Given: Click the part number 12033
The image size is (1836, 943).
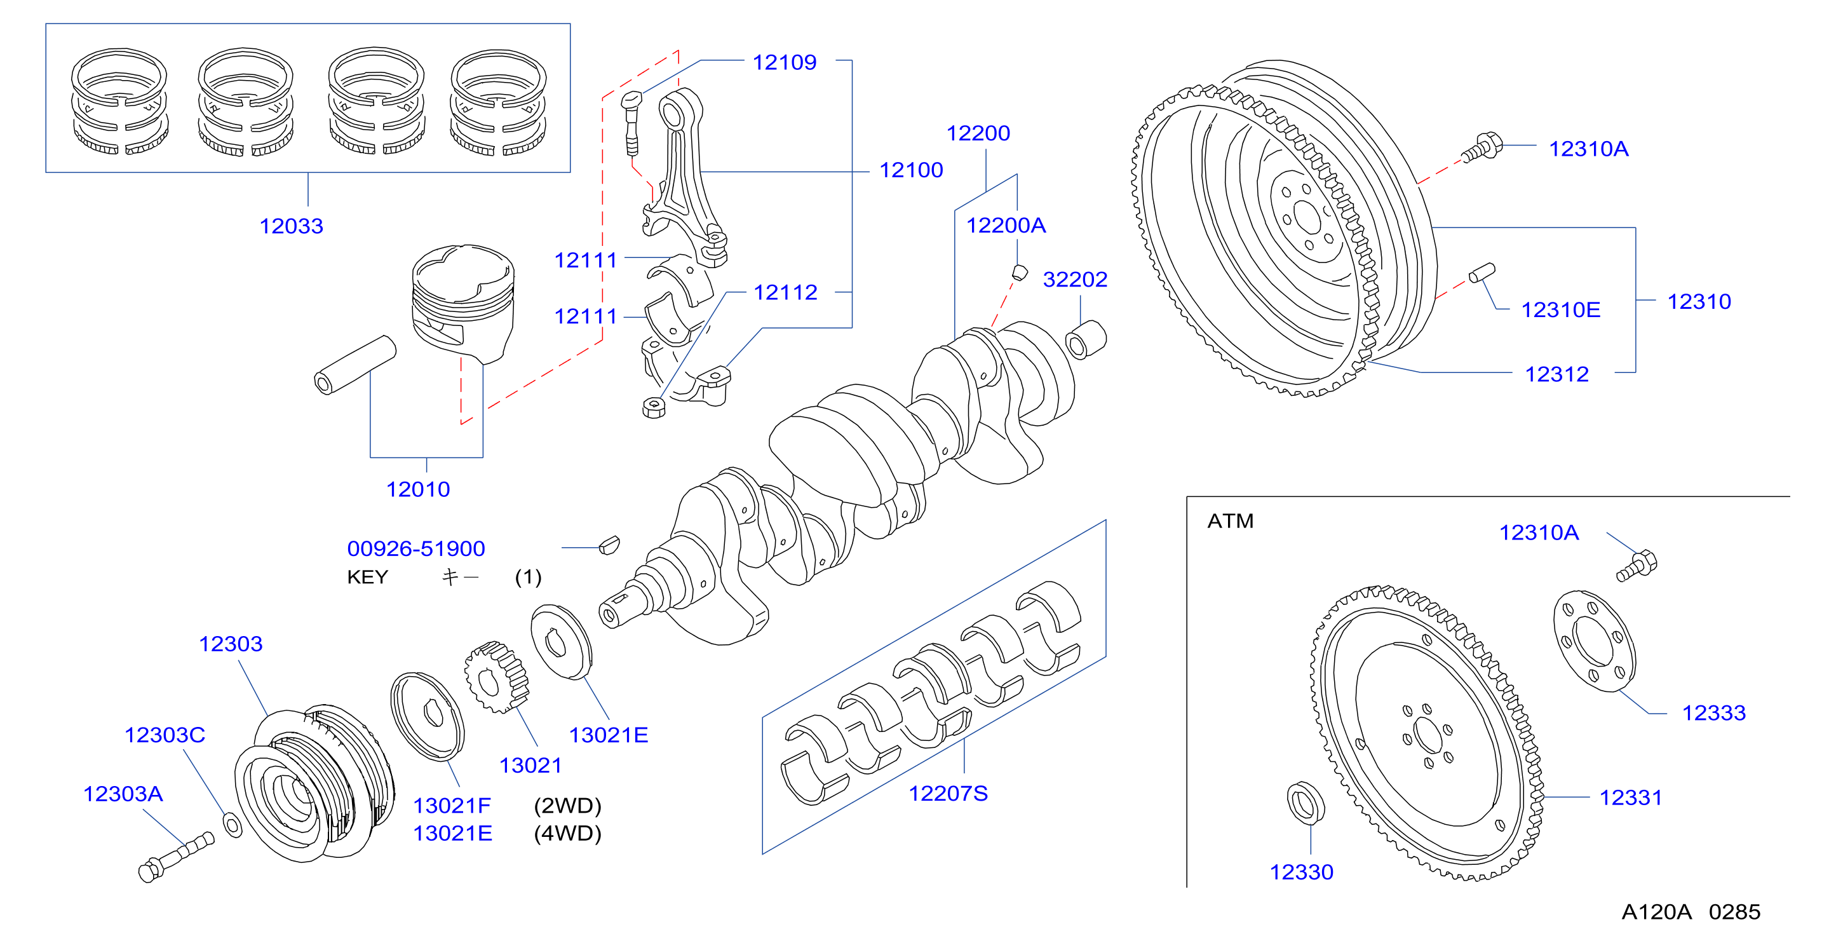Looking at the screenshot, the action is coord(291,226).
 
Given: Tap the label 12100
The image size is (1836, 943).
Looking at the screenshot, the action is coord(911,170).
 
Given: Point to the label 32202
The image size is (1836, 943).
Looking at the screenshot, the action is coord(1075,280).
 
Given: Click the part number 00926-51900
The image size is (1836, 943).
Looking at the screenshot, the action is coord(415,548).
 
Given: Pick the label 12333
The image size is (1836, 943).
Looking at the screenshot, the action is coord(1713,713).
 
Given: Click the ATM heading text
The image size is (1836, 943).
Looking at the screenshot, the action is coord(1230,521).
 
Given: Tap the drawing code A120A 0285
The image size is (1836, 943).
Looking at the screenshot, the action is coord(1691,912).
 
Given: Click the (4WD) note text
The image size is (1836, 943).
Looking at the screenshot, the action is coord(567,833).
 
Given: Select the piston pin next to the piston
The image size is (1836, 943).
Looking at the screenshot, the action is coord(355,364).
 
